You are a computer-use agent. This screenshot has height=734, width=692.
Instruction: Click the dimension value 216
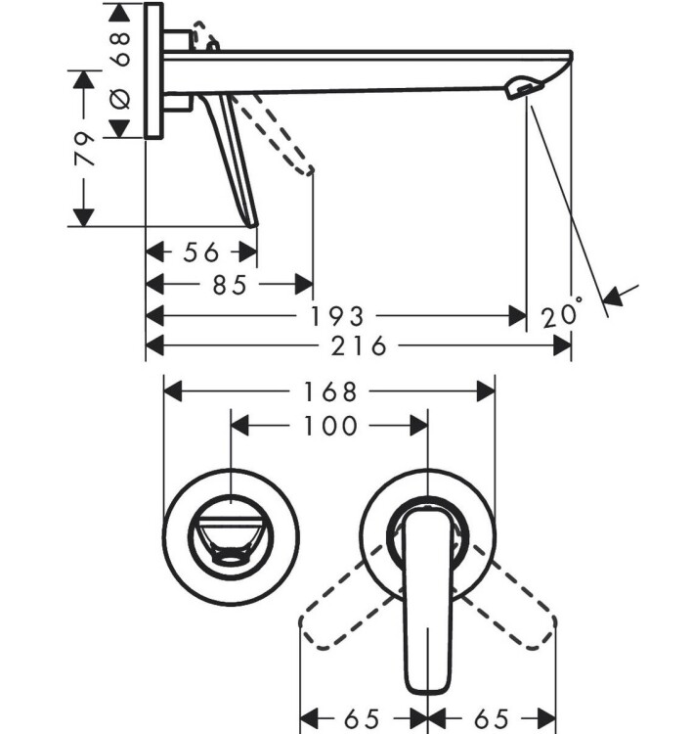[x=359, y=346]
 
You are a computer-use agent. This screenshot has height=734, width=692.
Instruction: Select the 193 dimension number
[x=337, y=316]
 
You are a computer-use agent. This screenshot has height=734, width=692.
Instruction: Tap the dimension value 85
[x=229, y=285]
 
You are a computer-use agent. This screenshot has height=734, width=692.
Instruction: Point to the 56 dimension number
[x=201, y=252]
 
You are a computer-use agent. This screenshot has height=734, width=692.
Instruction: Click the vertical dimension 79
[x=85, y=149]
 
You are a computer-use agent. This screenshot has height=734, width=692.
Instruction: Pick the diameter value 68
[x=121, y=49]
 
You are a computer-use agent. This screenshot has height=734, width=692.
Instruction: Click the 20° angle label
[x=562, y=313]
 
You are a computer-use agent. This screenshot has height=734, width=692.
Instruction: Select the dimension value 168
[x=330, y=391]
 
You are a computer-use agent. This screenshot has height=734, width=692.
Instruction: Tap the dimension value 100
[x=330, y=426]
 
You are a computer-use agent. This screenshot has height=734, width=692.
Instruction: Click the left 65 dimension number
[x=362, y=718]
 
